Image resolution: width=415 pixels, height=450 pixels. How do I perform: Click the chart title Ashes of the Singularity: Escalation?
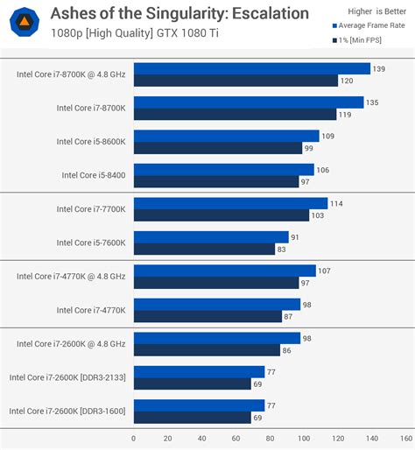(179, 13)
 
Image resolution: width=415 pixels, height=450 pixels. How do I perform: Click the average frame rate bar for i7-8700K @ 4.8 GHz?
(251, 68)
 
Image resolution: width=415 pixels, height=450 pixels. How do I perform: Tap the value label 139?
(379, 68)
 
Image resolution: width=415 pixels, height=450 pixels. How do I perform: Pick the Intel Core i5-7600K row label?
(91, 243)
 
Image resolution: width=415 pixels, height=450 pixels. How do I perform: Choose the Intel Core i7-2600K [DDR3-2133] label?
(67, 377)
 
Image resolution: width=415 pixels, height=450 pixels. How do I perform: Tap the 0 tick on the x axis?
(133, 438)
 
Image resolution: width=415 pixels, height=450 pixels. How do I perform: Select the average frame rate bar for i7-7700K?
(230, 203)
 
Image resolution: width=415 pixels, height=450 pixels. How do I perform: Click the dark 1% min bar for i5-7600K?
(204, 249)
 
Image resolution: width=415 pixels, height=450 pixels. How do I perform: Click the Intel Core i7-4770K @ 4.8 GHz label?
(71, 277)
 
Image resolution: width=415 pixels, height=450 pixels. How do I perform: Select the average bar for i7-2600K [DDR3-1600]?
(199, 405)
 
